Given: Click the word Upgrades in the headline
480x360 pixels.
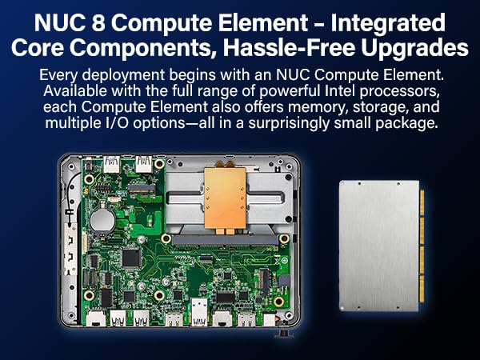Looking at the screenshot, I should [x=417, y=48].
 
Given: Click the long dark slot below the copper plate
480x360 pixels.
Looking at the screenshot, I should [x=226, y=238].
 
